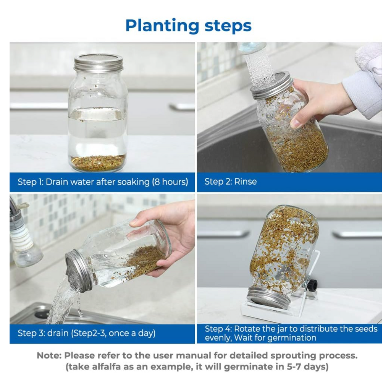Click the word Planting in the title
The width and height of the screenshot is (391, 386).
point(162,26)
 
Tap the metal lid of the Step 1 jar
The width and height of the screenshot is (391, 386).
point(99,63)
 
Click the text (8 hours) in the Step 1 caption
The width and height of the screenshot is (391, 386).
point(170,182)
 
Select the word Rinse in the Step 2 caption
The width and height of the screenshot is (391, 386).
point(246,182)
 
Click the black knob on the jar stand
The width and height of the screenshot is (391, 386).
point(312,285)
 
